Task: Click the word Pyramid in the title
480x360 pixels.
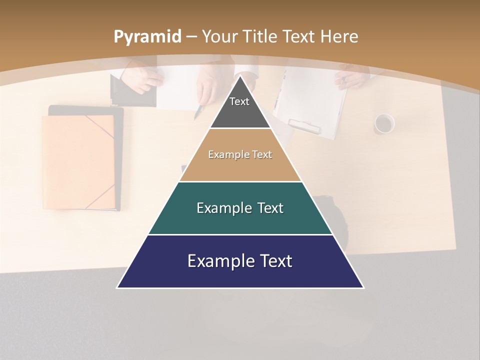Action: [x=147, y=36]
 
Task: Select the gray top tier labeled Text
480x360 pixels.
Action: [x=239, y=107]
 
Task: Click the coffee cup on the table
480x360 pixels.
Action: [x=384, y=123]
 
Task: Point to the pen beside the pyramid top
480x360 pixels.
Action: [x=199, y=110]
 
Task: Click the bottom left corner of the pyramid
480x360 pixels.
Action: [x=118, y=287]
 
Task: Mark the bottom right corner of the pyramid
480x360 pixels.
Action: [x=363, y=287]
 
